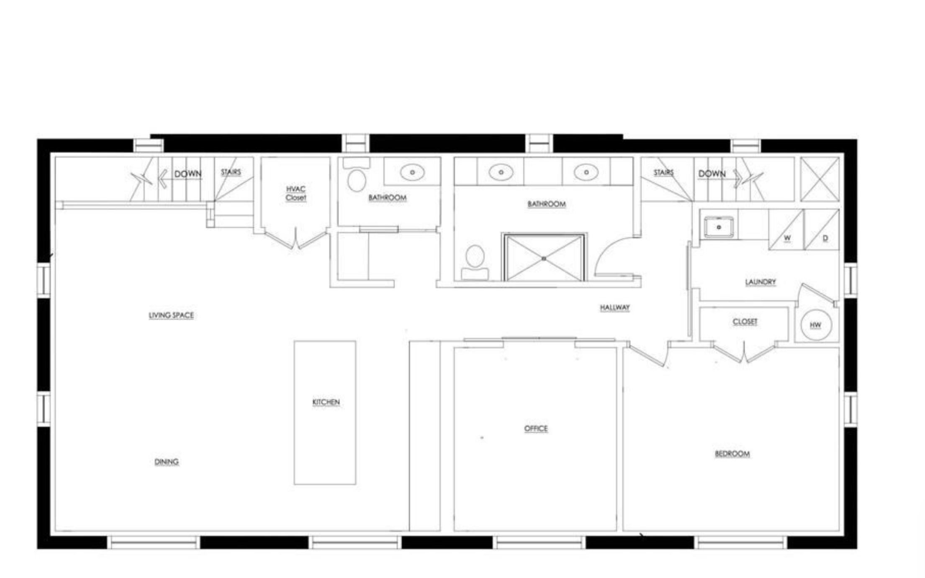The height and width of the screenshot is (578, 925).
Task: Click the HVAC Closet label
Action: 296,193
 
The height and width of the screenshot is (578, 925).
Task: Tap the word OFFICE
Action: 536,428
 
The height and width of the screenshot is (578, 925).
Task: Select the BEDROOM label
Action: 732,454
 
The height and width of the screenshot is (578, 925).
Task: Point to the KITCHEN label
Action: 326,402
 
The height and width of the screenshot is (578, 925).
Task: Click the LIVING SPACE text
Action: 171,315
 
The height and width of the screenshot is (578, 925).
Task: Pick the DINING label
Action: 167,462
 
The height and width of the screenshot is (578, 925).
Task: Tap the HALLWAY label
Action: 615,307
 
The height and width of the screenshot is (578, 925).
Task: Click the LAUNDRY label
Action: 761,282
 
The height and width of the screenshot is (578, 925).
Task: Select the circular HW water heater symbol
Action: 816,325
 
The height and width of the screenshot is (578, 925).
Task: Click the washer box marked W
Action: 786,230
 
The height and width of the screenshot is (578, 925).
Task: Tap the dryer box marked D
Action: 822,230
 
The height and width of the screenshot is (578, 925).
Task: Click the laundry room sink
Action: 719,227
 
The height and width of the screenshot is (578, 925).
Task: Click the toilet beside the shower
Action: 475,262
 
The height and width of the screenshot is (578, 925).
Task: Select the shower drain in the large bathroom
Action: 544,259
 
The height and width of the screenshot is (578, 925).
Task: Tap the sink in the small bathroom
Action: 412,172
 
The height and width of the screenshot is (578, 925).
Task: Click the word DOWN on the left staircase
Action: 188,174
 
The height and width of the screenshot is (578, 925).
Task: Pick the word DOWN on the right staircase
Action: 712,174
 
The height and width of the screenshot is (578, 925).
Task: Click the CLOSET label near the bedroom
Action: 745,322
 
